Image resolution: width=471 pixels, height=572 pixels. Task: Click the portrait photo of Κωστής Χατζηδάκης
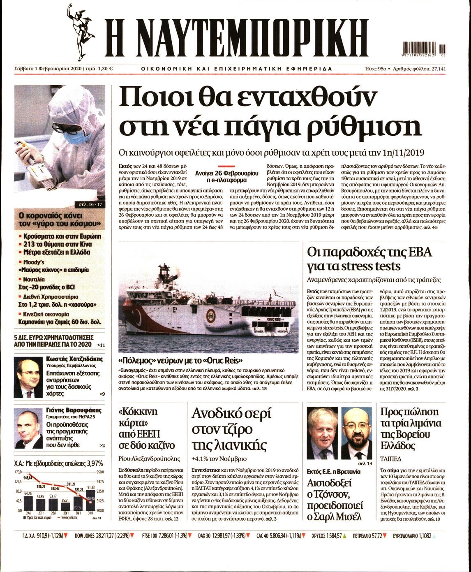(28, 377)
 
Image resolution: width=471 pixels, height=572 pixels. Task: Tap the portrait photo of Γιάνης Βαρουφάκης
(28, 429)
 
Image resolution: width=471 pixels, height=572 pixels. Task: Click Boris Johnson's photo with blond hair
(322, 433)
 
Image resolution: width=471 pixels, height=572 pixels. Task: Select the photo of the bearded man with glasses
(356, 433)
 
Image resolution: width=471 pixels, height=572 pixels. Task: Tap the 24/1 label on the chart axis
(28, 513)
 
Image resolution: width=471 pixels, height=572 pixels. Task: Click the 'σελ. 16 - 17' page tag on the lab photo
(90, 204)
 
